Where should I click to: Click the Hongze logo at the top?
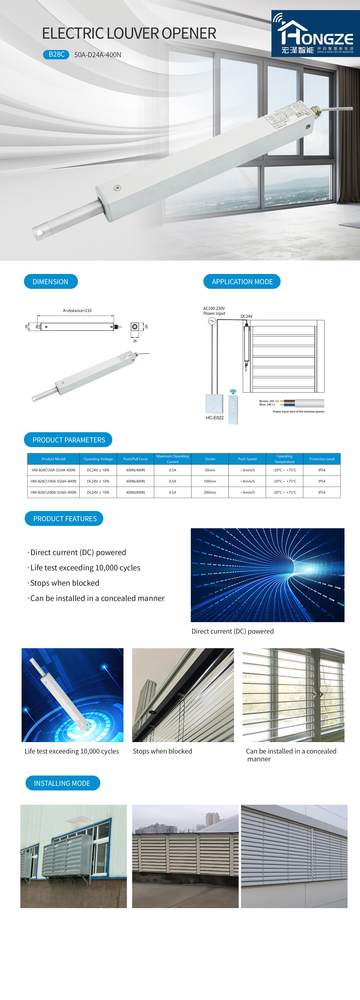tap(315, 34)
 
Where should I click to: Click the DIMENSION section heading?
tap(50, 281)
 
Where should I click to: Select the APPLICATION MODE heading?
tap(242, 281)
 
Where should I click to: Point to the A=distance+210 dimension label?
tap(77, 311)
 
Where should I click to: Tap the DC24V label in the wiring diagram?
tap(246, 316)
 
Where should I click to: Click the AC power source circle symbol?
tap(212, 321)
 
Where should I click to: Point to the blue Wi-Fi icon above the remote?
tap(233, 392)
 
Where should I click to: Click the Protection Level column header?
tap(321, 459)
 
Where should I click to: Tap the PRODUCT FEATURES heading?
tap(64, 519)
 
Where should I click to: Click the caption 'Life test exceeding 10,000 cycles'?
tap(72, 751)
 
